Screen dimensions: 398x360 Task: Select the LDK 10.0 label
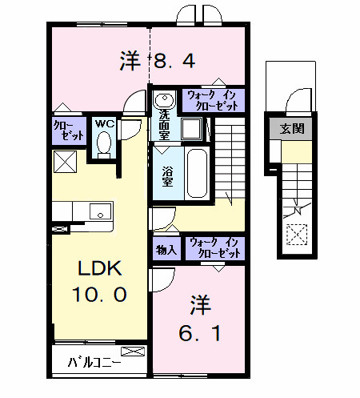100,281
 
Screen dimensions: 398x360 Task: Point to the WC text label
104,123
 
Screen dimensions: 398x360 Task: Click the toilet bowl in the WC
103,144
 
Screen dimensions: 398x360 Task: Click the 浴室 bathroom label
168,176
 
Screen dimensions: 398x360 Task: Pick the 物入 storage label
166,249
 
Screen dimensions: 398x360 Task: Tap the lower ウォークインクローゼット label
214,247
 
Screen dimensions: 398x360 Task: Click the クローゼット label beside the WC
67,131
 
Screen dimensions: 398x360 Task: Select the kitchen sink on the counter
100,211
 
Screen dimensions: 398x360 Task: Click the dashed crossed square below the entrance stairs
298,235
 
